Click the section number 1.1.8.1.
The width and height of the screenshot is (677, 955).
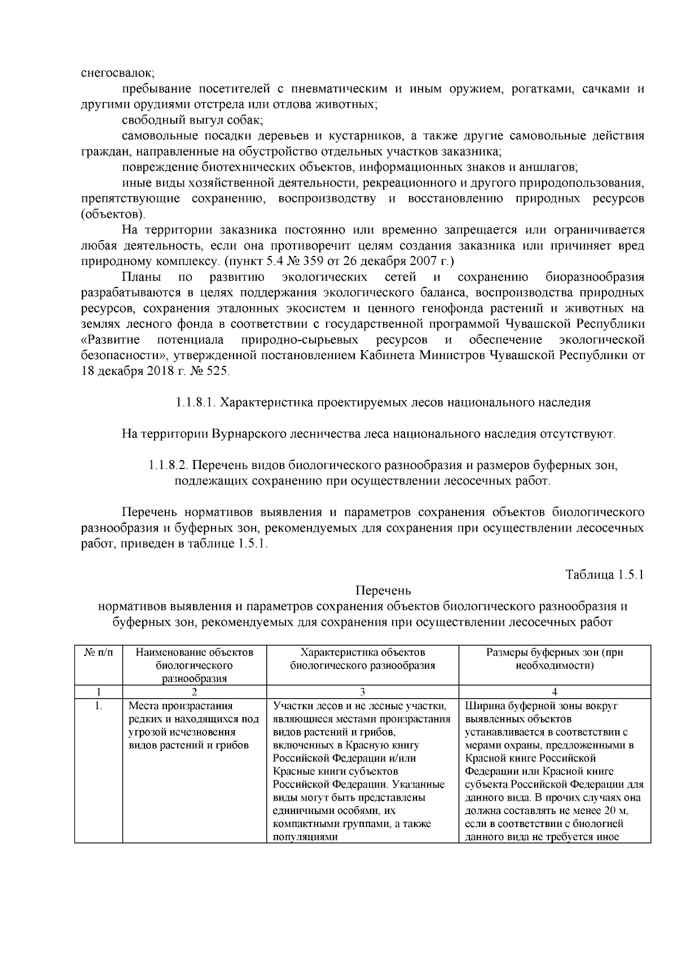point(194,403)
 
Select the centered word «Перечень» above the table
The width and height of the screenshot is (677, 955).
point(383,591)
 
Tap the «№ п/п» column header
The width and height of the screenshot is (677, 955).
point(98,653)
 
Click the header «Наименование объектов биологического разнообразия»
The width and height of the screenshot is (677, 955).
point(195,665)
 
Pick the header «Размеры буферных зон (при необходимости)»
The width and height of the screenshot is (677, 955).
point(555,659)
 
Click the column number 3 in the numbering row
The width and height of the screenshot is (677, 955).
point(362,692)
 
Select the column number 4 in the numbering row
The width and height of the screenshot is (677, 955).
point(555,692)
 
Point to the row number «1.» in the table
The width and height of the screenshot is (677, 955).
point(98,706)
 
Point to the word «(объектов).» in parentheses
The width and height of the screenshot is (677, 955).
point(113,214)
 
